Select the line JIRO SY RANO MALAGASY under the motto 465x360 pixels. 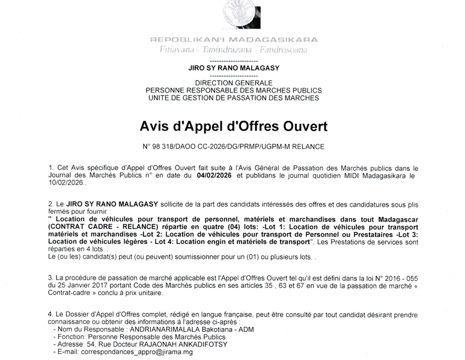click(x=233, y=69)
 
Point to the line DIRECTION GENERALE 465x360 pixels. click(x=233, y=82)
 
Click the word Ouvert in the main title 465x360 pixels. click(x=298, y=127)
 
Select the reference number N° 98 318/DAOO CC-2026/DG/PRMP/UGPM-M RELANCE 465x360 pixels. click(x=233, y=147)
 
